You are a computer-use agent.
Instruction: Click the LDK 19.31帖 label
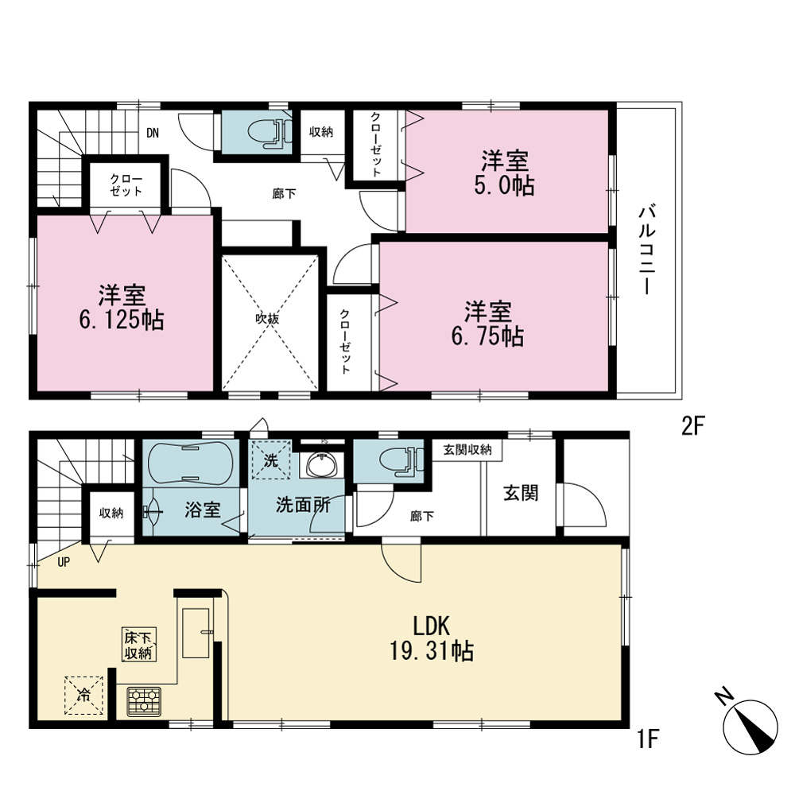pyautogui.click(x=432, y=639)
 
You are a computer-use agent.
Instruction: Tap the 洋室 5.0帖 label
pyautogui.click(x=505, y=173)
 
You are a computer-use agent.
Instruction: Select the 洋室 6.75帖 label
pyautogui.click(x=488, y=324)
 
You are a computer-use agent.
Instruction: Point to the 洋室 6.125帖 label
pyautogui.click(x=122, y=308)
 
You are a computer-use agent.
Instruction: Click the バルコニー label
pyautogui.click(x=647, y=250)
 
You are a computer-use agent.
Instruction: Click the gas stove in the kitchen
pyautogui.click(x=144, y=702)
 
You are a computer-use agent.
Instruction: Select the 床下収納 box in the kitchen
pyautogui.click(x=138, y=645)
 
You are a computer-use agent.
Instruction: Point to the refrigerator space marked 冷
pyautogui.click(x=83, y=696)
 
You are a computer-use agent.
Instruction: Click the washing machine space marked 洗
pyautogui.click(x=272, y=460)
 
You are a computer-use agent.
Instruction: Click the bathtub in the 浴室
pyautogui.click(x=191, y=463)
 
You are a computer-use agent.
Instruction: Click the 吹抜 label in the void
pyautogui.click(x=267, y=320)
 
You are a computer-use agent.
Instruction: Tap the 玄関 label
pyautogui.click(x=521, y=494)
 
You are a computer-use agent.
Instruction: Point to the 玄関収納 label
pyautogui.click(x=467, y=450)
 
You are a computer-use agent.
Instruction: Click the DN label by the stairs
pyautogui.click(x=153, y=134)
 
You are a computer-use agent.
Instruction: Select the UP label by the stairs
pyautogui.click(x=64, y=562)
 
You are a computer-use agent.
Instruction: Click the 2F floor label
pyautogui.click(x=693, y=426)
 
